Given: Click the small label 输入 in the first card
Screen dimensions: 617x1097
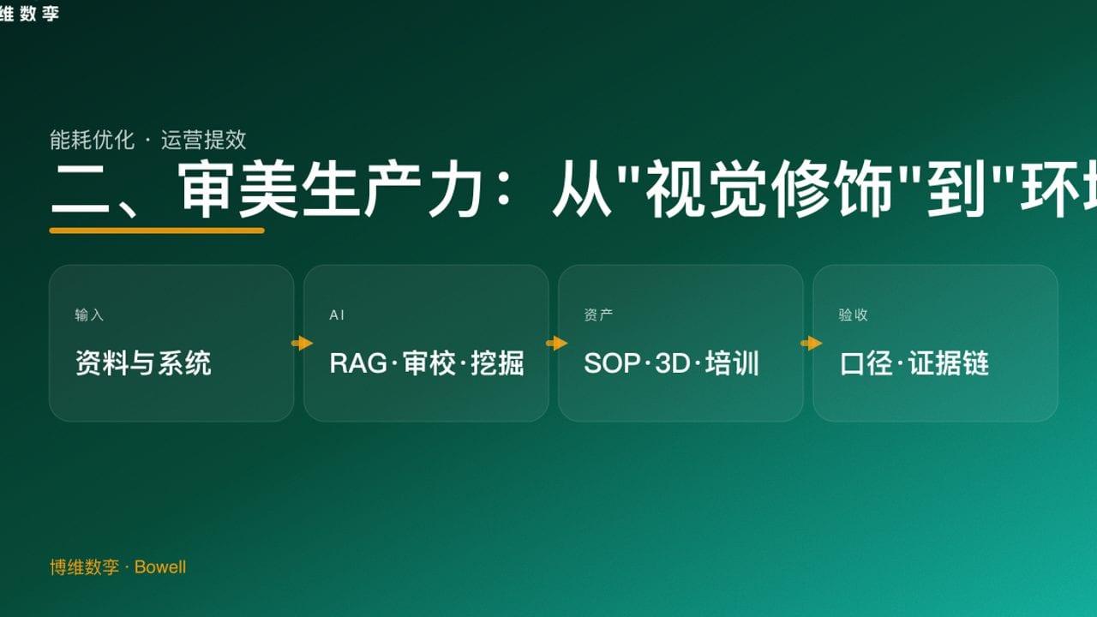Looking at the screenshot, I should coord(89,315).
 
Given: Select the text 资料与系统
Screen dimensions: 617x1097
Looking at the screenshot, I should coord(143,363).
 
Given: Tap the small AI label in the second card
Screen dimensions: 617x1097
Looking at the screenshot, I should coord(337,315).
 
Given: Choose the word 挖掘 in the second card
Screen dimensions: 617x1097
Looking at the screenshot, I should coord(497,363).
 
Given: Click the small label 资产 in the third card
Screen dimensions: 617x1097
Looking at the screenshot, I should coord(598,315).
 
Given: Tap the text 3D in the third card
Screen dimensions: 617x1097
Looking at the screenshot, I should coord(673,363).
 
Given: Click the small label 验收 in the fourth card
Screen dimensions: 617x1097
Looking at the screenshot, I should coord(853,315).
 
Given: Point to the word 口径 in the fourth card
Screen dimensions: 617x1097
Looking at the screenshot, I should coord(867,363).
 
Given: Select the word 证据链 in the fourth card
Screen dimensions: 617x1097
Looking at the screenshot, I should coord(949,363).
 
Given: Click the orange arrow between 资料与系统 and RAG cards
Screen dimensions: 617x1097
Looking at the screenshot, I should coord(302,344).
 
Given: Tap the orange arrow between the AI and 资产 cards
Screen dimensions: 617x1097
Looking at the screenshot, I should coord(556,344).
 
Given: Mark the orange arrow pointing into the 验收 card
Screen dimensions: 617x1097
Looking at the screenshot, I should coord(811,344).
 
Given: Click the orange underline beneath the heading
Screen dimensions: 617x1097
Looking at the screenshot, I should coord(157,230).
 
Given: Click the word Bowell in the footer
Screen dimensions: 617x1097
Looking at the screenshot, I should coord(160,567).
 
